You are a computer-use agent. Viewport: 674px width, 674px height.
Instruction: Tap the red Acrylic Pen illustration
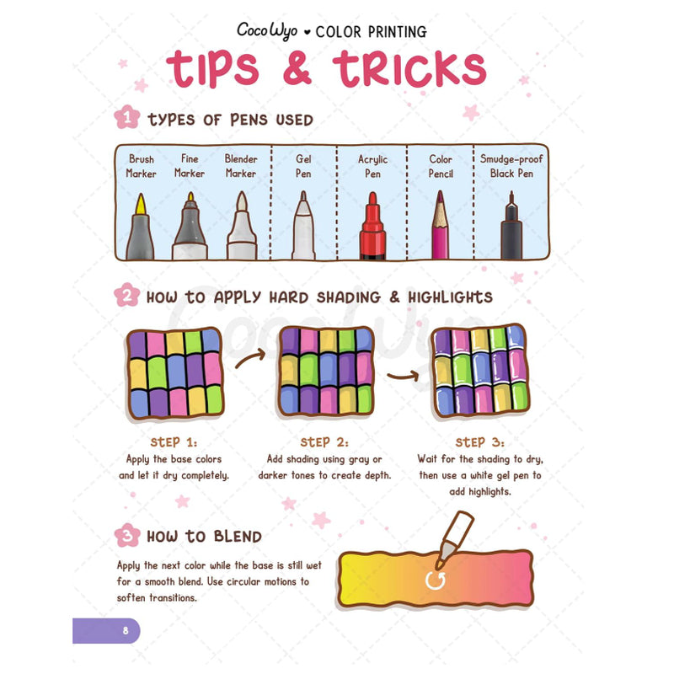click(372, 226)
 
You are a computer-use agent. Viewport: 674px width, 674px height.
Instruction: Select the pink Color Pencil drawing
click(440, 225)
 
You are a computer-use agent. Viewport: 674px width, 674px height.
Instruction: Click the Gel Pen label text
click(303, 166)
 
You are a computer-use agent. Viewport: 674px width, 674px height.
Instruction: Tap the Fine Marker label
click(190, 166)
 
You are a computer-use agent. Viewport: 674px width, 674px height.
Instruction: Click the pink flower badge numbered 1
click(127, 117)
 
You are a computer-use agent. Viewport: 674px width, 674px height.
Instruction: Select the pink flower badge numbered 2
click(127, 295)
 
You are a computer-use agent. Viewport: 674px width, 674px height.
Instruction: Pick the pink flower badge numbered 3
click(127, 535)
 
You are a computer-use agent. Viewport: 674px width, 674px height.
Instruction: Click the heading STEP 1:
click(174, 442)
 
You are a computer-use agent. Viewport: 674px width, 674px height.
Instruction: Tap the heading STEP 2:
click(324, 442)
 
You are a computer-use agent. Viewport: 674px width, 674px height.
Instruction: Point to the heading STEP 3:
click(479, 442)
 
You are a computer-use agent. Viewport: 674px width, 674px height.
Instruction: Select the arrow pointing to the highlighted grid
click(404, 376)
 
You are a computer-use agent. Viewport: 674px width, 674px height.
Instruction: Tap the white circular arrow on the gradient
click(435, 580)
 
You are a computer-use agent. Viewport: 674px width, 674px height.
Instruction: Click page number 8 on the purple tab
click(126, 630)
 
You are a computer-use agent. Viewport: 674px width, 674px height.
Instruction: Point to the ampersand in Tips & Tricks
click(297, 67)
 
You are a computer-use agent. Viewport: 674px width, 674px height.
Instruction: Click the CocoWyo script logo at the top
click(267, 30)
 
